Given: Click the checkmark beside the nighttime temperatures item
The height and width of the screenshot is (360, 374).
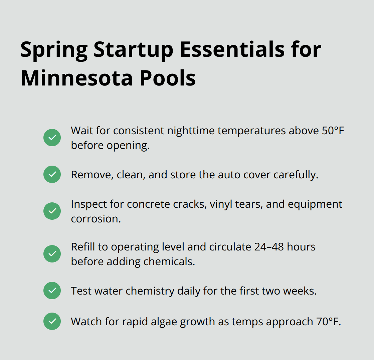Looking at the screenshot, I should point(52,138).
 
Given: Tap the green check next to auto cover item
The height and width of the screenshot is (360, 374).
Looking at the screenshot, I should point(52,174).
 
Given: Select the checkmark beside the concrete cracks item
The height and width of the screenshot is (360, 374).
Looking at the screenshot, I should point(52,211).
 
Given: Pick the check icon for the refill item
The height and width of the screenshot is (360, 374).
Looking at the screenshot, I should point(52,254).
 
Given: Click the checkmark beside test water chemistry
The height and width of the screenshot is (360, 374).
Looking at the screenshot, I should point(52,291).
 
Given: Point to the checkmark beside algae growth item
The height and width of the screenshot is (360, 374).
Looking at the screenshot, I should point(52,321).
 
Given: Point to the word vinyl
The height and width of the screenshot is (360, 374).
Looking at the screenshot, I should point(219,204).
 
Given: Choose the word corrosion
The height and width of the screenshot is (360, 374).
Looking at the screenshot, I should point(96,218).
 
